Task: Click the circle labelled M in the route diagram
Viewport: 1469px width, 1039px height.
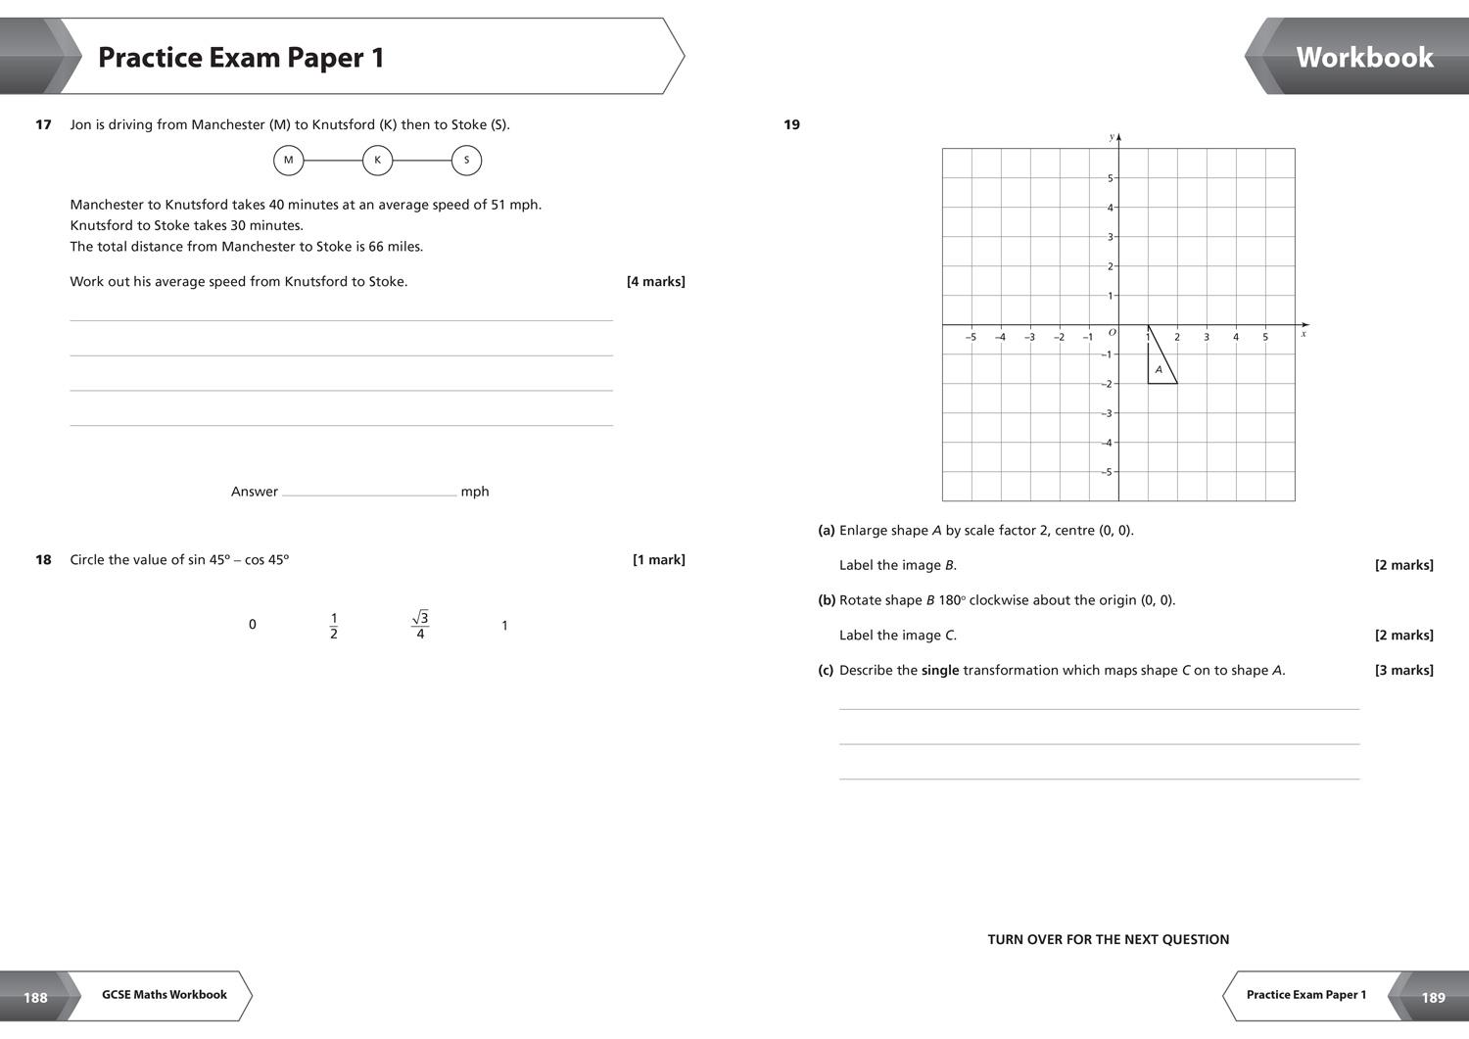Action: tap(288, 161)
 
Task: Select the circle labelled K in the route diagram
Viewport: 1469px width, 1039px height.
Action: tap(377, 161)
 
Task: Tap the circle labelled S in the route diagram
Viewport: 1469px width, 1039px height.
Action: tap(466, 161)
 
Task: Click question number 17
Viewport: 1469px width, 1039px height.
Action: tap(43, 124)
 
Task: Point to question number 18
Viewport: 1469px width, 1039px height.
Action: tap(43, 560)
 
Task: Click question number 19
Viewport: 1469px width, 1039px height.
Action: tap(791, 124)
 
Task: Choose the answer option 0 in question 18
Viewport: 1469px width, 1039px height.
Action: tap(253, 625)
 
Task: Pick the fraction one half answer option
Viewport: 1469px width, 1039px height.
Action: tap(334, 626)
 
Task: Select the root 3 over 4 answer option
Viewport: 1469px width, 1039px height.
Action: tap(420, 625)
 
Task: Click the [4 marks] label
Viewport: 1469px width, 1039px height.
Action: tap(655, 282)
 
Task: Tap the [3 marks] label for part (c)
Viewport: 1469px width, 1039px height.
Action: tap(1403, 671)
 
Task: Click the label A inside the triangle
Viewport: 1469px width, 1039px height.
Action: tap(1159, 370)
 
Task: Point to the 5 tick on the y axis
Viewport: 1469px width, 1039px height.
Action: tap(1110, 178)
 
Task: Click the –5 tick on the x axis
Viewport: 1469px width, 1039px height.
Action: tap(971, 337)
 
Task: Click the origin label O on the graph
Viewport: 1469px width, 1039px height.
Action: tap(1112, 333)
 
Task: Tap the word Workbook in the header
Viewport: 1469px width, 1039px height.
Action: tap(1364, 57)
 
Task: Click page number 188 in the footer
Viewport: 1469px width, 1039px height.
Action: tap(35, 997)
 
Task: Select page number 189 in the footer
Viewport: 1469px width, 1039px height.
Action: tap(1433, 997)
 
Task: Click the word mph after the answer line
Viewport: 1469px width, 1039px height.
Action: tap(475, 492)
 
